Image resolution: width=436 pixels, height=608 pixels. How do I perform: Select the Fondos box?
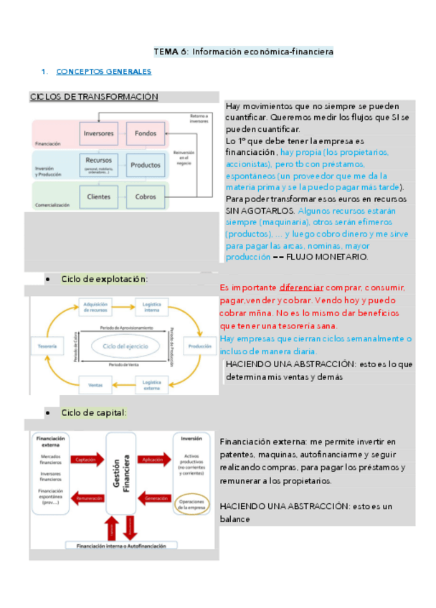click(146, 133)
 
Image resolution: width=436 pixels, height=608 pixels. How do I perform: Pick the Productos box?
click(146, 165)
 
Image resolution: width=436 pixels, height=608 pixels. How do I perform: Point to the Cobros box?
click(146, 195)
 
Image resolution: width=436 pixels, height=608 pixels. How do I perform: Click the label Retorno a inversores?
click(199, 119)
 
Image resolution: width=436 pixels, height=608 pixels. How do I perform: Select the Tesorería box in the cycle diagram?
click(48, 346)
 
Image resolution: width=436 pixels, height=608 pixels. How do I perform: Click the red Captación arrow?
click(86, 460)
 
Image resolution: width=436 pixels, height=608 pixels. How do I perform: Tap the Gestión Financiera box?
click(120, 473)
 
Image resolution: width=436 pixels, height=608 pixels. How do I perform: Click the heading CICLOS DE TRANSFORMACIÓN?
click(94, 97)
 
